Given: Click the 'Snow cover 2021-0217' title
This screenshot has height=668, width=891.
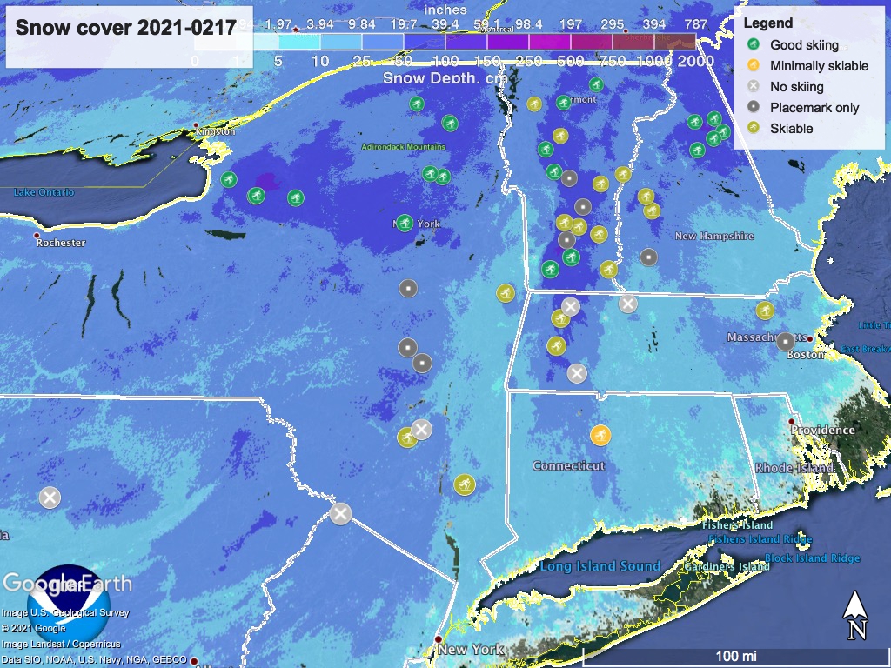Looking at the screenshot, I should click(126, 28).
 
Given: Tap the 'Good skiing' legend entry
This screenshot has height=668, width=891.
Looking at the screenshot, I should click(805, 44).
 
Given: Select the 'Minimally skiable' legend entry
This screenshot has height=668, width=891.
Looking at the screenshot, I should click(819, 65).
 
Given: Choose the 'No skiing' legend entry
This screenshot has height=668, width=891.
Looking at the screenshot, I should click(796, 86).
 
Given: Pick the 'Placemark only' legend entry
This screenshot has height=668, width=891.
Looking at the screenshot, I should click(814, 107).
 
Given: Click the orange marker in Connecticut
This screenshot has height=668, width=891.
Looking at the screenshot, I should click(600, 435).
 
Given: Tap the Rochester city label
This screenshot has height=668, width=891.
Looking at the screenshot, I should click(61, 243).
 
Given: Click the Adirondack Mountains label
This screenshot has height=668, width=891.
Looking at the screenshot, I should click(404, 147).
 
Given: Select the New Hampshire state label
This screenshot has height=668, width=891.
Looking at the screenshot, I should click(715, 237).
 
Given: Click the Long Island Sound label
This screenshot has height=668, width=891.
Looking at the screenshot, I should click(600, 566).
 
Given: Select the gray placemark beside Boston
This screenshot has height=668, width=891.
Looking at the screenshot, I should click(785, 342).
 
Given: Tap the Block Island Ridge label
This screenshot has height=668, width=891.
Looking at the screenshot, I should click(812, 558).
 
